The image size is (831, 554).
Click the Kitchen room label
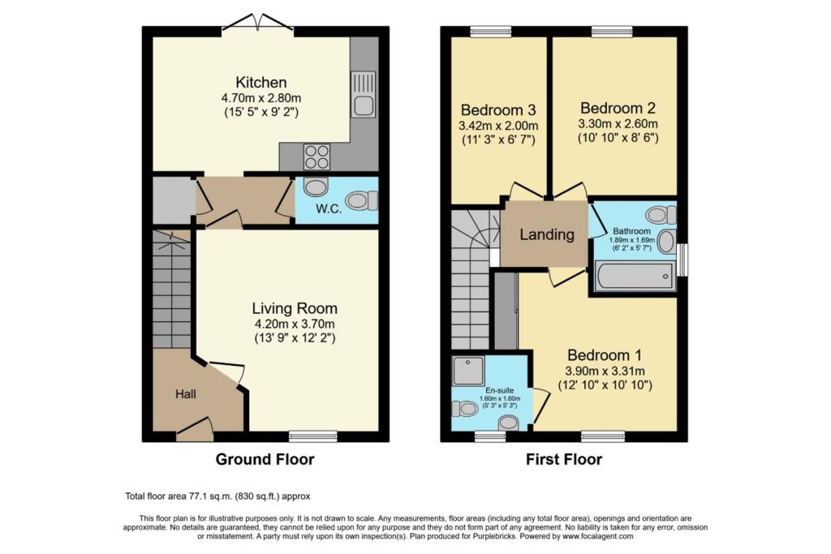click(260, 82)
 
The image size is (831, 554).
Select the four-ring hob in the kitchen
click(316, 155)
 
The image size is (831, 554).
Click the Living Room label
click(294, 308)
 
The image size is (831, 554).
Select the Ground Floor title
click(265, 460)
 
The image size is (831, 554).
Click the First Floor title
click(564, 460)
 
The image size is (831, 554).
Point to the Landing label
click(547, 235)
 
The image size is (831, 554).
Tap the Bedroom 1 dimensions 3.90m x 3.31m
click(605, 370)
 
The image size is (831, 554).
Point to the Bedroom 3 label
click(499, 110)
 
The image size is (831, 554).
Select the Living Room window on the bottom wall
click(312, 436)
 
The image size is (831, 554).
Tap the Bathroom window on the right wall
click(682, 260)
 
